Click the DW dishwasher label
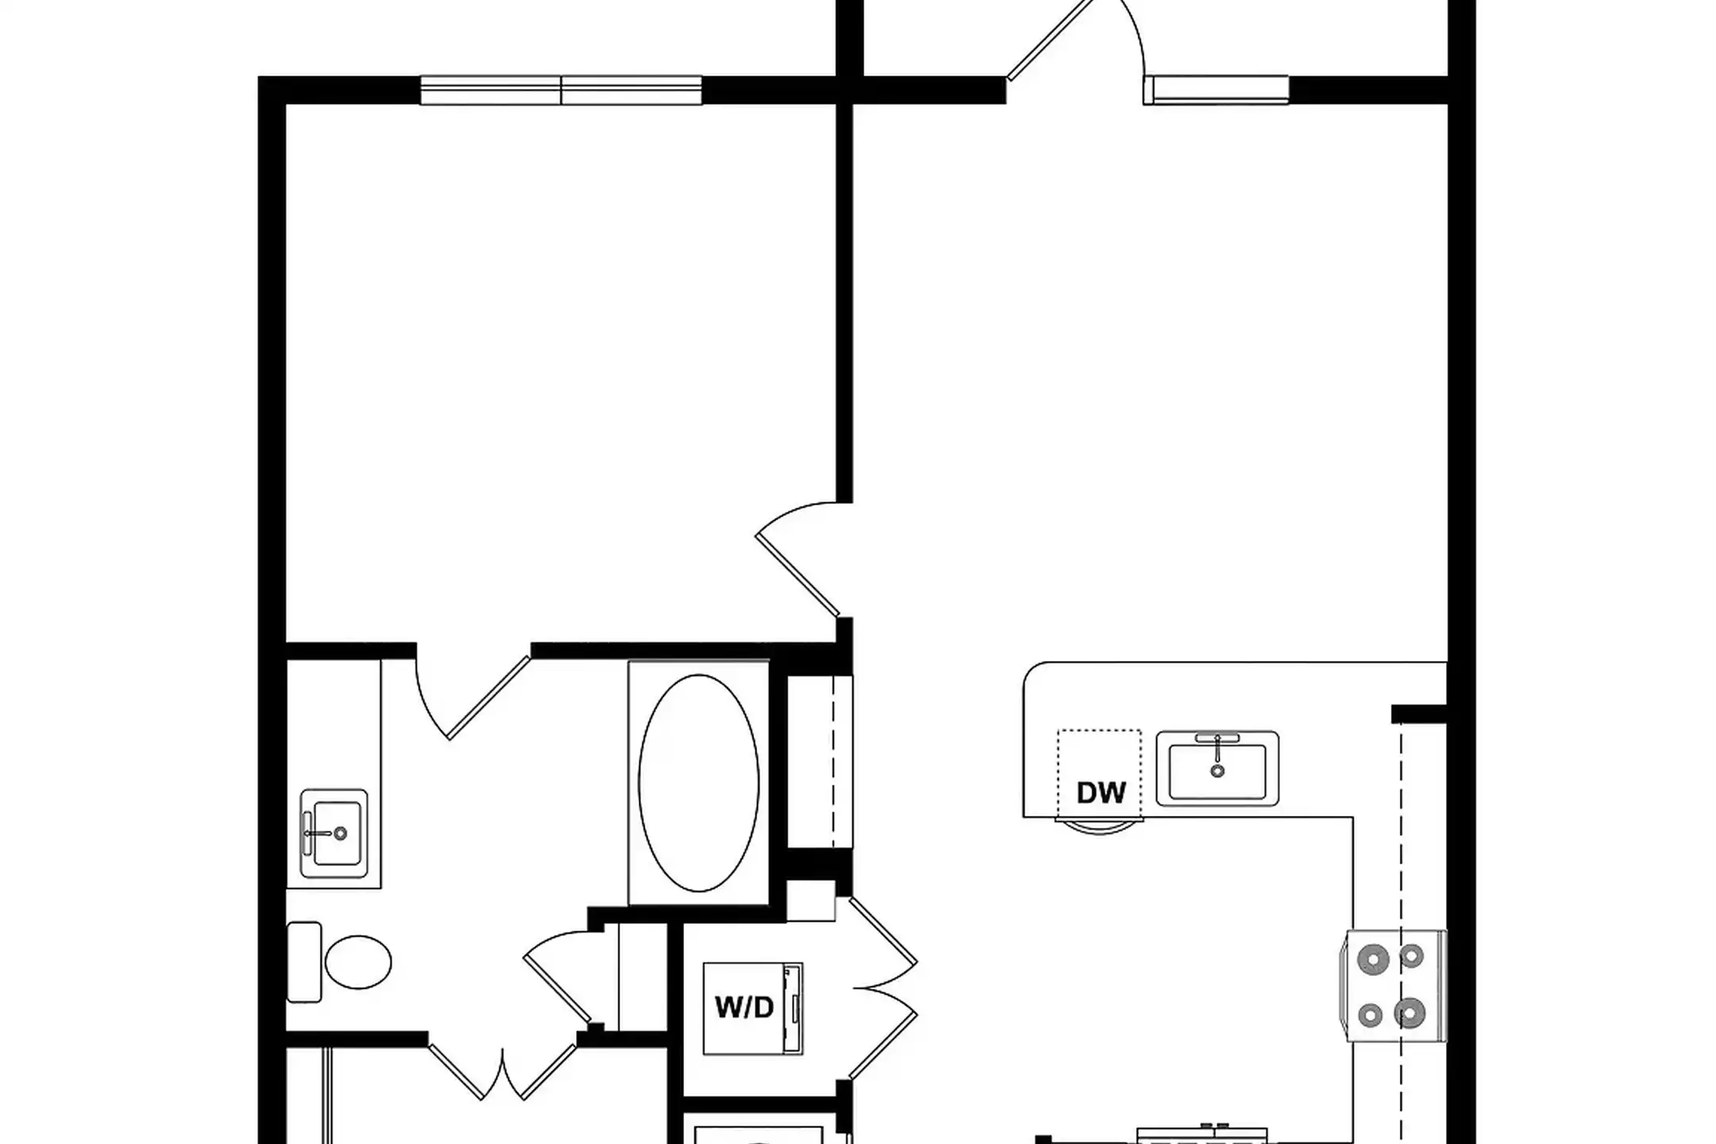(1101, 792)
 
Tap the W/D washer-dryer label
(744, 1007)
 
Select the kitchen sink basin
(1217, 769)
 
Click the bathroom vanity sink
(334, 833)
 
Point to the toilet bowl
(358, 962)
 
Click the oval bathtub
(698, 783)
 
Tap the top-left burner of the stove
(1373, 960)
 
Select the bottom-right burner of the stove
(1409, 1013)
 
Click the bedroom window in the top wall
(561, 91)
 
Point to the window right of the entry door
(1216, 90)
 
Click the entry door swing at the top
(1076, 40)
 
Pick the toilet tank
(303, 962)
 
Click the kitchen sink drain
(1217, 771)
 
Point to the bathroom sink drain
(341, 833)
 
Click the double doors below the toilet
(502, 1072)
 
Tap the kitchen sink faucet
(1217, 747)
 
